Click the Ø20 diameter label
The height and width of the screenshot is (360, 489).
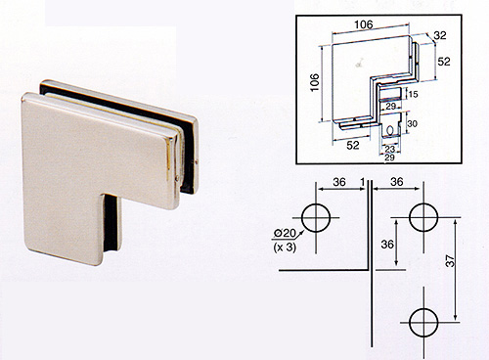[285, 233]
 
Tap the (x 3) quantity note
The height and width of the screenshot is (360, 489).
[285, 247]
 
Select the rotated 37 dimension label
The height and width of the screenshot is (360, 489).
[450, 261]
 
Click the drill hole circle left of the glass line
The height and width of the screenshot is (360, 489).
[316, 218]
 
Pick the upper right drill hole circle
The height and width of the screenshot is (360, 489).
[423, 217]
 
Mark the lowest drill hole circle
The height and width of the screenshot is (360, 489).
[423, 322]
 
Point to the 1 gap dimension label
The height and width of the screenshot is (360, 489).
[363, 182]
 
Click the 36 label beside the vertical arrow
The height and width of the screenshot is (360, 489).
[387, 245]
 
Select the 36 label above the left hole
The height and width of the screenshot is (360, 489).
[339, 182]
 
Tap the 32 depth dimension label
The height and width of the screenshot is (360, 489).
[439, 35]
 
